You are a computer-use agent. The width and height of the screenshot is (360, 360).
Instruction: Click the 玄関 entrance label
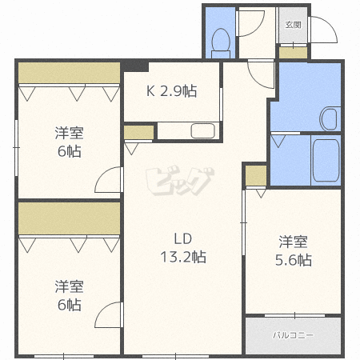tap(292, 24)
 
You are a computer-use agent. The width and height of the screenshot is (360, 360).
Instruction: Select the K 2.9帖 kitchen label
tap(171, 91)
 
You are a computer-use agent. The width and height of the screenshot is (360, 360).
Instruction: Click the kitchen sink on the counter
tap(202, 130)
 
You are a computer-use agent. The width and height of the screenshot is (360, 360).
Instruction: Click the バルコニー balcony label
tap(293, 334)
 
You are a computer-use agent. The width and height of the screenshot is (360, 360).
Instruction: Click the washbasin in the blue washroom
tap(330, 118)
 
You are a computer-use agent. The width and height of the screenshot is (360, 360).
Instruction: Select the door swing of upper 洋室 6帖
tap(108, 182)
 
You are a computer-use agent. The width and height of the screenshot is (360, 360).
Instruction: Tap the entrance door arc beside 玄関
tap(322, 30)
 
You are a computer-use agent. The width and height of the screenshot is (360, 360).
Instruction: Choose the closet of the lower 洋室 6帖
tap(69, 218)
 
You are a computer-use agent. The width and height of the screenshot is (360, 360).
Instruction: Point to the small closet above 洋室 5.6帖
tap(255, 174)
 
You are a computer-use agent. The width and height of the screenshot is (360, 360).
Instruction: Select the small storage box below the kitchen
tap(138, 132)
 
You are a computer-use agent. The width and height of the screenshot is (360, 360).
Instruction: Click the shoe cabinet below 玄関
tap(292, 53)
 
